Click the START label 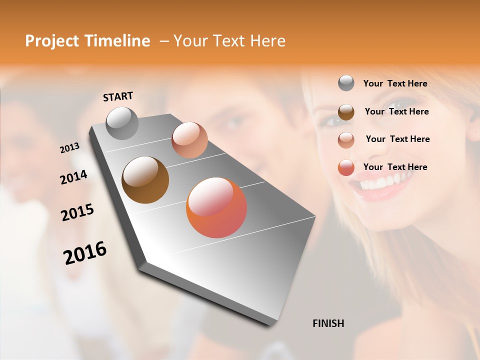pyautogui.click(x=118, y=96)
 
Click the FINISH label pyautogui.click(x=328, y=323)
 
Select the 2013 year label pyautogui.click(x=70, y=148)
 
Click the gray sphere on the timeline pyautogui.click(x=122, y=123)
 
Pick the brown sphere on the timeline pyautogui.click(x=145, y=180)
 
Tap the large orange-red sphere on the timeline pyautogui.click(x=216, y=207)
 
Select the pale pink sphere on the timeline pyautogui.click(x=189, y=140)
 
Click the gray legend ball pyautogui.click(x=346, y=83)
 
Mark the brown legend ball pyautogui.click(x=346, y=112)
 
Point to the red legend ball pyautogui.click(x=346, y=167)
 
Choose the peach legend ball pyautogui.click(x=346, y=139)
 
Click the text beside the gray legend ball pyautogui.click(x=395, y=84)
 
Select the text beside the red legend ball pyautogui.click(x=395, y=167)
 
